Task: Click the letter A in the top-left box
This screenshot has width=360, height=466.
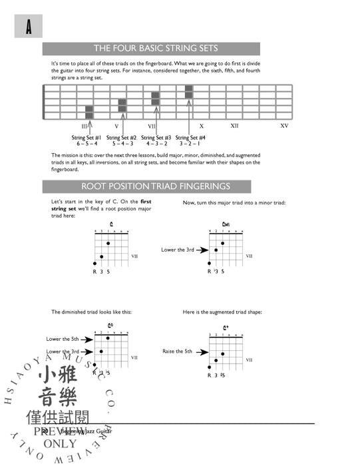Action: tap(29, 27)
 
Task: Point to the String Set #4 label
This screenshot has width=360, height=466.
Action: tap(190, 137)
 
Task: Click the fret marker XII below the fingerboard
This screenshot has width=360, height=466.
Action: tap(235, 126)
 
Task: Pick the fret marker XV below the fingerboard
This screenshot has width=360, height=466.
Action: tap(284, 126)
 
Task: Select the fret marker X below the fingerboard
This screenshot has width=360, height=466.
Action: tap(201, 126)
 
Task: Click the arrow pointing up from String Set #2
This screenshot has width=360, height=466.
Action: tap(121, 124)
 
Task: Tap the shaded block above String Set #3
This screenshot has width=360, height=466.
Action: tap(155, 99)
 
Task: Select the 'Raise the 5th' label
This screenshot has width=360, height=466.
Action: tap(177, 350)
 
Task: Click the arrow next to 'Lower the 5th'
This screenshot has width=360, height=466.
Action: tap(87, 338)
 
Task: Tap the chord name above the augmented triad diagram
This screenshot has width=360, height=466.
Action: tap(226, 328)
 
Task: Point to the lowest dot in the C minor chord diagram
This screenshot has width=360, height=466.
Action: tap(210, 264)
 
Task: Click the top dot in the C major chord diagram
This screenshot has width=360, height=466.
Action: tap(108, 243)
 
